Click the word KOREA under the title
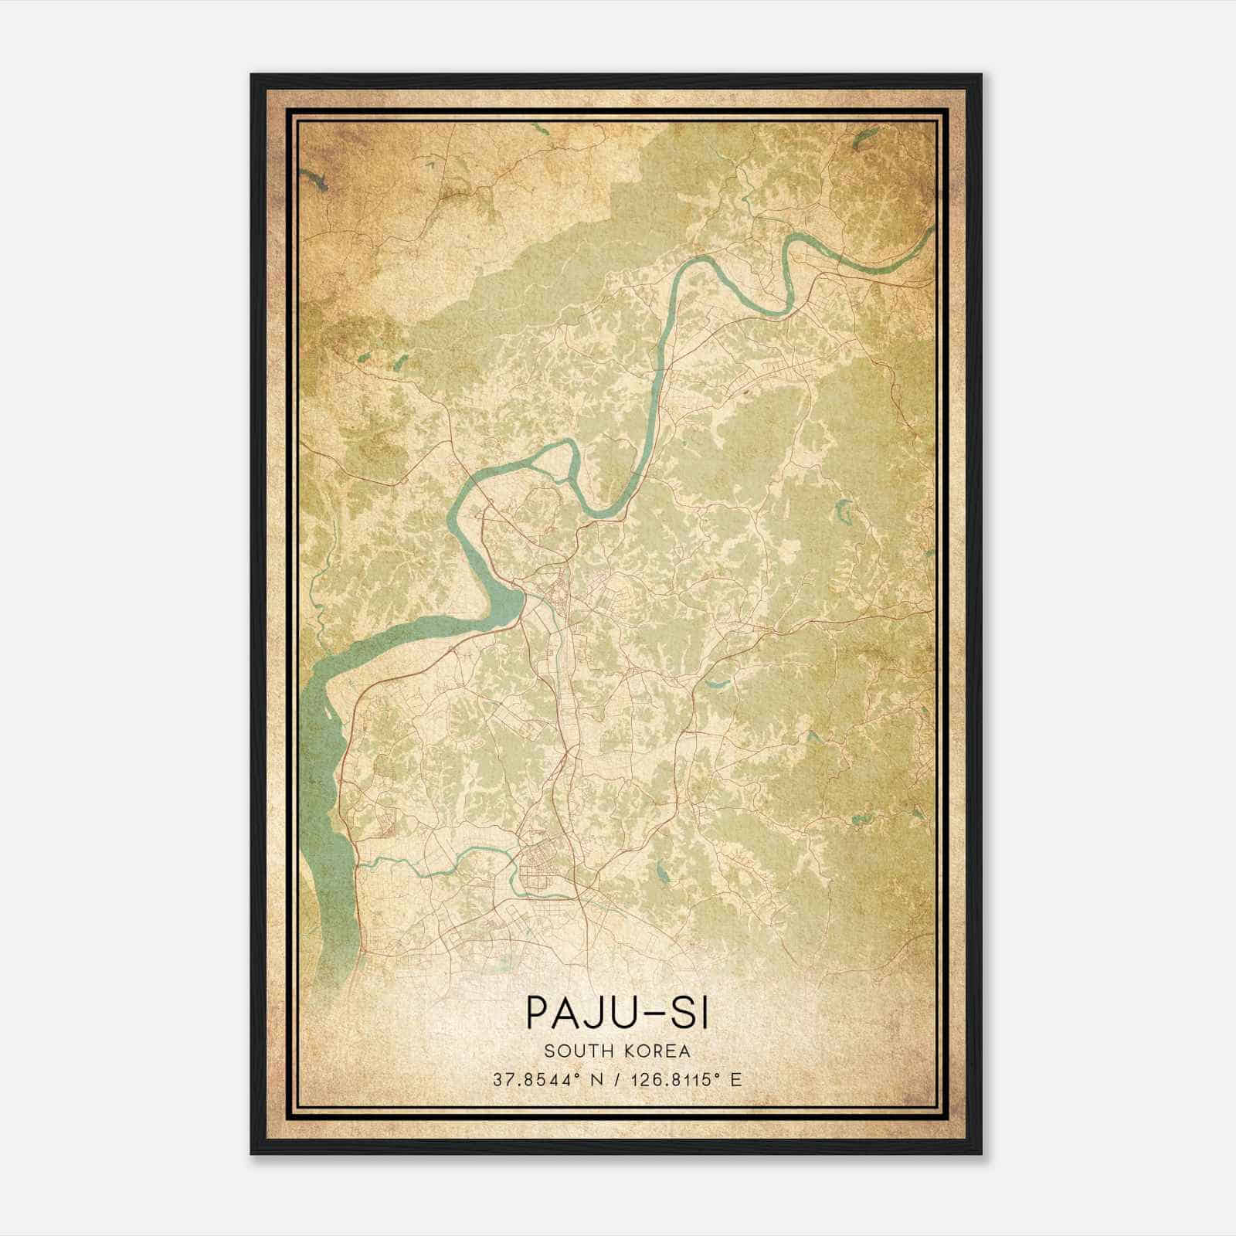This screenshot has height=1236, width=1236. pyautogui.click(x=655, y=1051)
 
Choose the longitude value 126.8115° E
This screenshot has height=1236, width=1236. pyautogui.click(x=677, y=1080)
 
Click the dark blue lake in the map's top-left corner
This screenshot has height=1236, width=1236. pyautogui.click(x=316, y=182)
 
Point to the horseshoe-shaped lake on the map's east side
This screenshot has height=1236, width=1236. pyautogui.click(x=844, y=512)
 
